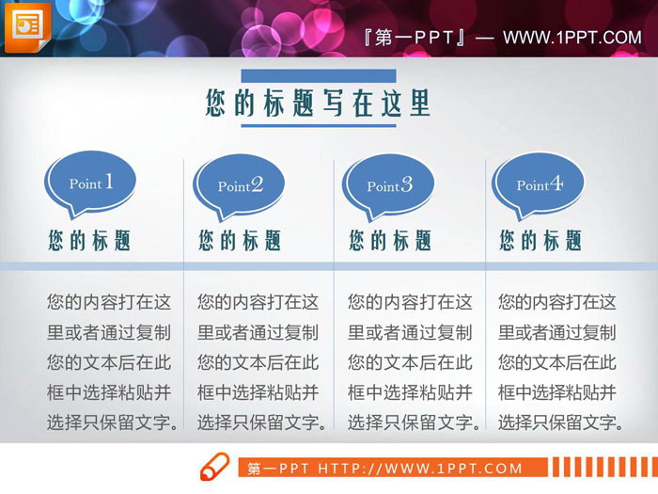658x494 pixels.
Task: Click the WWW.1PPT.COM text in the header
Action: click(572, 38)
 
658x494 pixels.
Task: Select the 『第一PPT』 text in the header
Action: click(414, 38)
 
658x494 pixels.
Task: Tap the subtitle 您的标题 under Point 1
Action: click(90, 240)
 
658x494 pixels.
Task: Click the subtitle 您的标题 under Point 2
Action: click(241, 240)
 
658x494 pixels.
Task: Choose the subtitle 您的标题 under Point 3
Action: click(391, 240)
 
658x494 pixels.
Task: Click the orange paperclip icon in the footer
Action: click(215, 467)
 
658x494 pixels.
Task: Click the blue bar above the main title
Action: click(319, 75)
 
